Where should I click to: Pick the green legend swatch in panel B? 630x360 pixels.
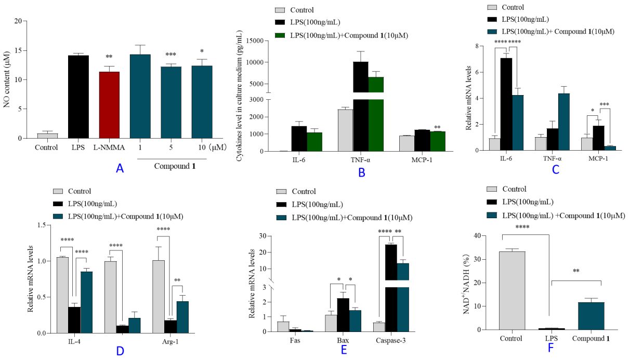click(x=280, y=36)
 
